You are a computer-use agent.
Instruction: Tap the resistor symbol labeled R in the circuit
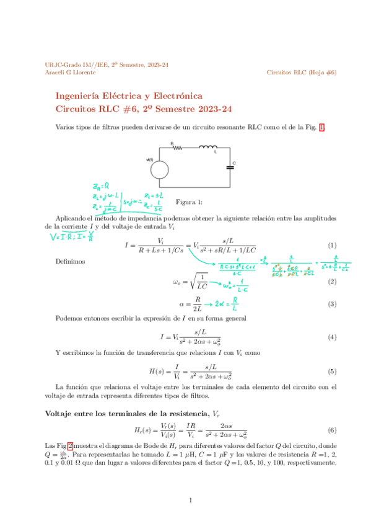177,148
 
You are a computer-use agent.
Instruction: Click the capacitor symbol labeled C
229,165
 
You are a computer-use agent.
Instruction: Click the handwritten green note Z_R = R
101,185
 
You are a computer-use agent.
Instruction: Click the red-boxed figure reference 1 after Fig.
321,127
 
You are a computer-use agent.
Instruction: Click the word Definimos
70,261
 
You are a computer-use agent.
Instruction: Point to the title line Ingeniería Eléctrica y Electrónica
129,96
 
